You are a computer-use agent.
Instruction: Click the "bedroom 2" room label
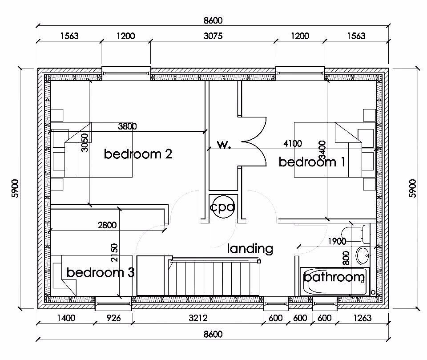138,154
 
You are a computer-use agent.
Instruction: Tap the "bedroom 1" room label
312,162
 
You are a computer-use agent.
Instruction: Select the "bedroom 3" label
101,272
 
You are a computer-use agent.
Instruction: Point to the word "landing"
250,249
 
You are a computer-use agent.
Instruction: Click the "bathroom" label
334,277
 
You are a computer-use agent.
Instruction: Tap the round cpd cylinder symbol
222,207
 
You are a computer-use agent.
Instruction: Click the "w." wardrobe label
224,145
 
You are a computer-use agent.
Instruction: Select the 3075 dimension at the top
213,36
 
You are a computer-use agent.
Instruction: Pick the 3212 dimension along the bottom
198,318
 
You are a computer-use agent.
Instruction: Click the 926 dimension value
113,318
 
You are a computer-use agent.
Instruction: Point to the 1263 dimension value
362,318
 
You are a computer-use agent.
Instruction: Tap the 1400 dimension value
66,318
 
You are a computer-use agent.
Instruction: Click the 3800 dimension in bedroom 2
128,126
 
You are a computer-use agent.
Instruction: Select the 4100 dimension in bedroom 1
293,143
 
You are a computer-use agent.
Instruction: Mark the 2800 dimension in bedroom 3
107,225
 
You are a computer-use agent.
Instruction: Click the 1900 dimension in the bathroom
337,241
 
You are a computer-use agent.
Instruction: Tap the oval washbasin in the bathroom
363,255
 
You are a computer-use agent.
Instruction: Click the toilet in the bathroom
356,234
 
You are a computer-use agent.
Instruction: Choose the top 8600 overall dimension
213,20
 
